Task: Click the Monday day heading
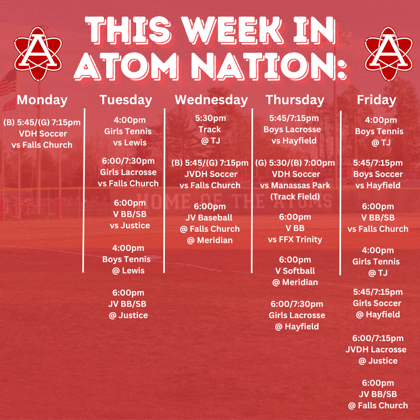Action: [42, 100]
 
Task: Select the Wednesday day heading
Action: [211, 100]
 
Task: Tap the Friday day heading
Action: [376, 100]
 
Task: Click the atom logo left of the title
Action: [38, 54]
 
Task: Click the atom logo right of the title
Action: [388, 54]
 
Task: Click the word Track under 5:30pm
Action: [210, 129]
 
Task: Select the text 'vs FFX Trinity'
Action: [295, 240]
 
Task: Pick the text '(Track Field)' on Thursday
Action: [295, 197]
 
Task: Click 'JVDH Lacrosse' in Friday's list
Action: [376, 350]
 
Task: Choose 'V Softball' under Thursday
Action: [295, 271]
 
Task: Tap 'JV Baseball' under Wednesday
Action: [209, 218]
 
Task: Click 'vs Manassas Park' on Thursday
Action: [295, 185]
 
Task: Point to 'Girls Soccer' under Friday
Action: [377, 303]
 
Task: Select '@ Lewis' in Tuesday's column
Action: [128, 271]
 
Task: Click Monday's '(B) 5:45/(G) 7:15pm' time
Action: [42, 122]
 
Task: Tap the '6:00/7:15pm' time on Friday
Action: [378, 338]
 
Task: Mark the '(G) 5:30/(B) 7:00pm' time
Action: [295, 163]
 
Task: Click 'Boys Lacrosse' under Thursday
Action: [292, 129]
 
